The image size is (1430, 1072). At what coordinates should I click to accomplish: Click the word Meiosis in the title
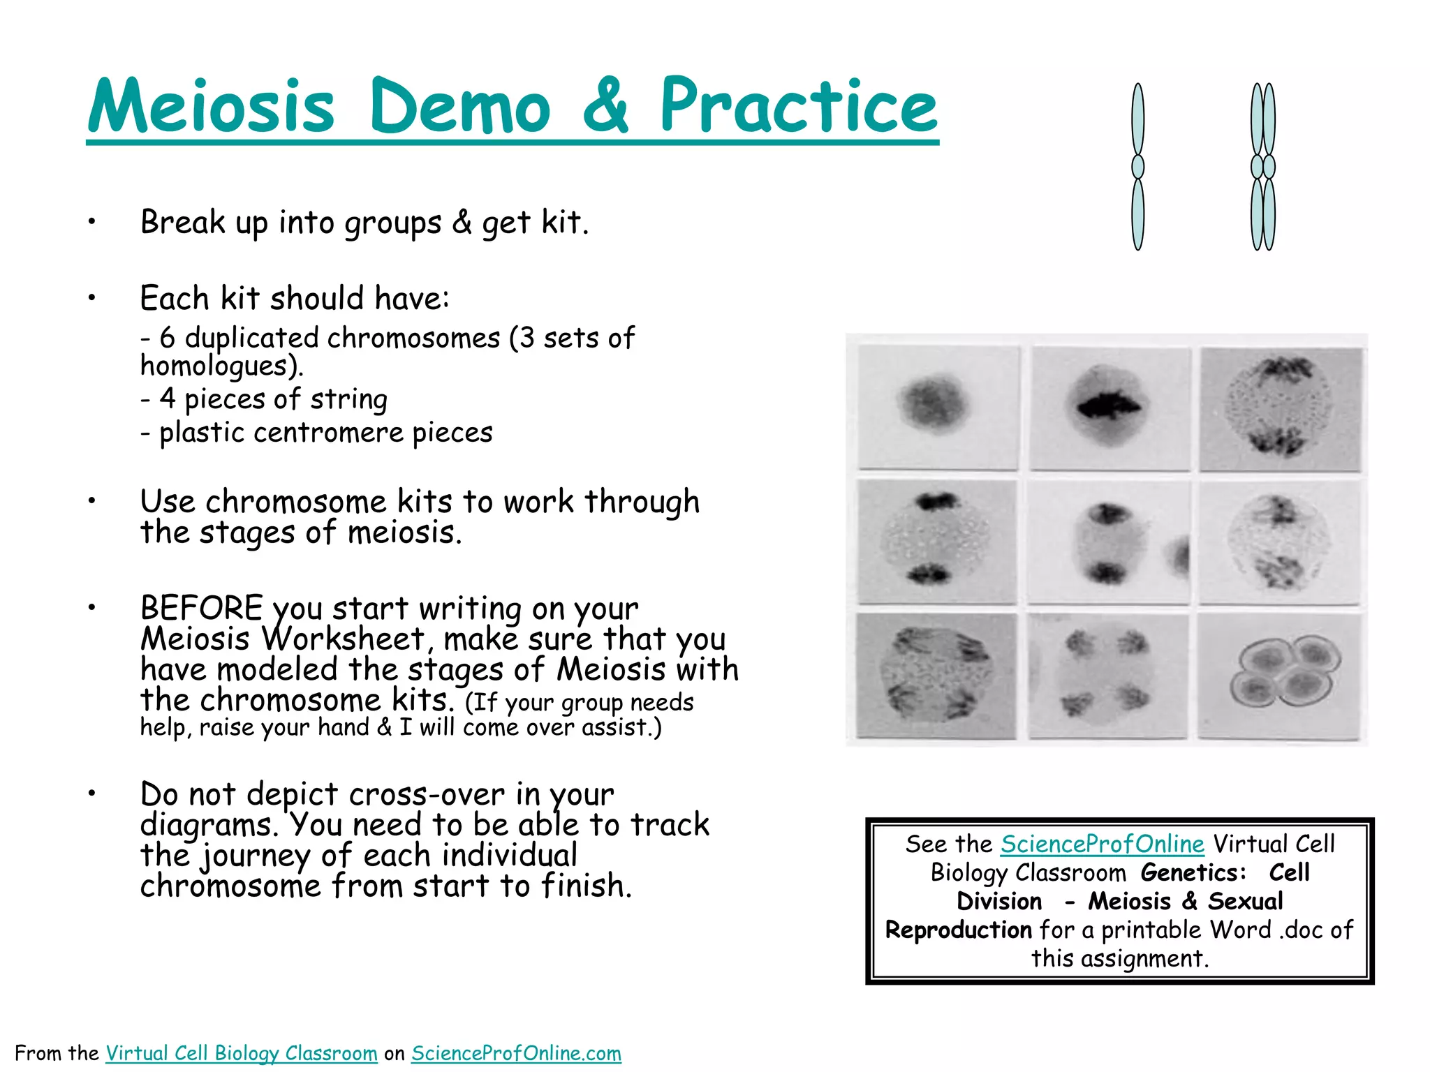pos(212,106)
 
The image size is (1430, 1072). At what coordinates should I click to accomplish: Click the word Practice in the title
pos(798,106)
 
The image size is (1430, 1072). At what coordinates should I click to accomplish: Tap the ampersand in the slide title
pos(605,106)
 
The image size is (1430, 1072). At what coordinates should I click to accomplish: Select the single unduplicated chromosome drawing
pos(1137,167)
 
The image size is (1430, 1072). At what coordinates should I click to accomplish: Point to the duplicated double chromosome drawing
pos(1263,167)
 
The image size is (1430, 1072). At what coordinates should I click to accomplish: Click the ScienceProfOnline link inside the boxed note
pos(1102,844)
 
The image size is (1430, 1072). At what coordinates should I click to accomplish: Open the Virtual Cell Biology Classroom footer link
pos(241,1052)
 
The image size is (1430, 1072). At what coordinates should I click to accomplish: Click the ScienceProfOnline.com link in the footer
pos(516,1052)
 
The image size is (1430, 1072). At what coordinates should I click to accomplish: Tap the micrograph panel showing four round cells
pos(1280,675)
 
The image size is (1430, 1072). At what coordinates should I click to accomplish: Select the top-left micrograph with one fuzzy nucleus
pos(937,407)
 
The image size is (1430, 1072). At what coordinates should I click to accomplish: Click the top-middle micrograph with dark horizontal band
pos(1110,407)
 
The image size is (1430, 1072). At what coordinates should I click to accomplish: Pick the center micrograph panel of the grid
pos(1108,542)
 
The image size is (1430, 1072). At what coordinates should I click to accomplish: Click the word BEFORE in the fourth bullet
pos(201,608)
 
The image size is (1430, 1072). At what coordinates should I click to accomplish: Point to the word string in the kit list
pos(348,399)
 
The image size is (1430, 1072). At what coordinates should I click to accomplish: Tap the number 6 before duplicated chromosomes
pos(167,338)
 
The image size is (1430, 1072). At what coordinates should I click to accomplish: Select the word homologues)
pos(221,366)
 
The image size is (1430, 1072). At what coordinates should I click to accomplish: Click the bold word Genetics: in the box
pos(1193,872)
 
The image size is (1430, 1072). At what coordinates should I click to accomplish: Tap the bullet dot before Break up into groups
pos(91,222)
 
